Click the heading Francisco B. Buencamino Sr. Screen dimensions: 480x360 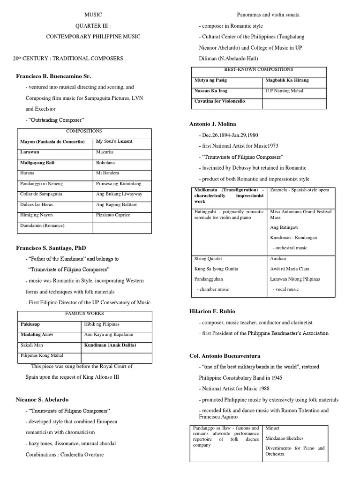[53, 75]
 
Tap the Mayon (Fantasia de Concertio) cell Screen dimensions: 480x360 [52, 141]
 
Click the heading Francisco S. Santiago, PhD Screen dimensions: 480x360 [51, 247]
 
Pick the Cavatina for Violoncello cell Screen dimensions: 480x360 [219, 101]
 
